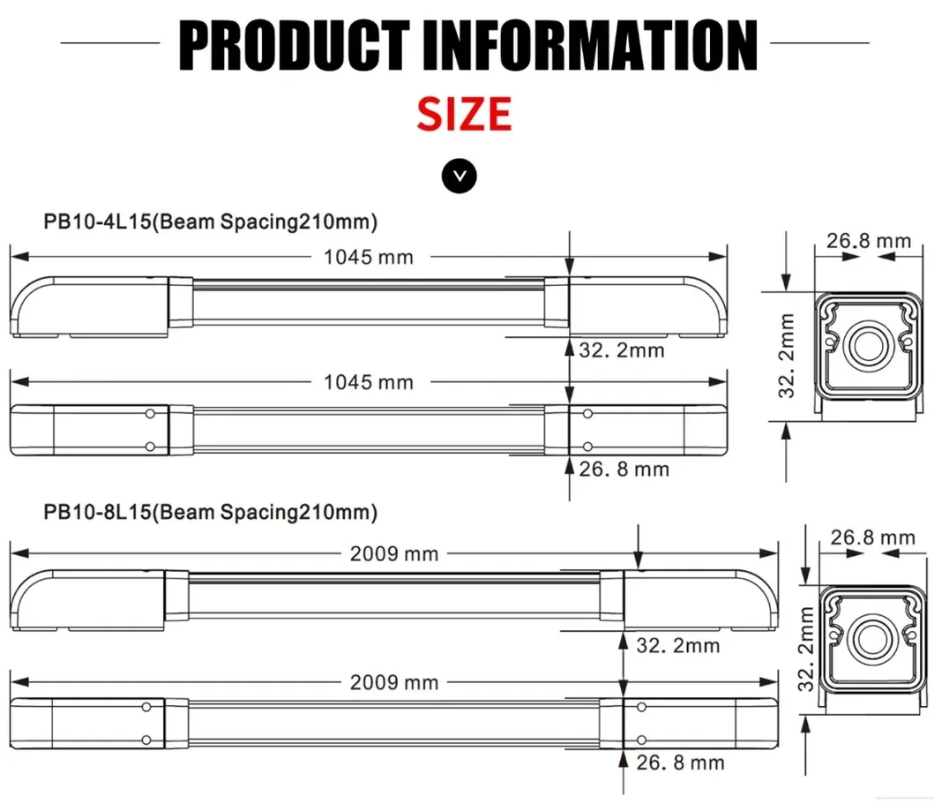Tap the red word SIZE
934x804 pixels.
[464, 115]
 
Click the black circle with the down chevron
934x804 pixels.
[459, 176]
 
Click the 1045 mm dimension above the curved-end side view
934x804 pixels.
[368, 257]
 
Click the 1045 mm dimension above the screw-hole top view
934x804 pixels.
[368, 382]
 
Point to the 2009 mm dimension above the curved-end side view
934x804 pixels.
[393, 553]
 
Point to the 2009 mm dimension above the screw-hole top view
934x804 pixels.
[393, 682]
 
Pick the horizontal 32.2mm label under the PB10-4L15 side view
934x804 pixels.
[622, 350]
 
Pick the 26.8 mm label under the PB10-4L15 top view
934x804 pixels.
[624, 469]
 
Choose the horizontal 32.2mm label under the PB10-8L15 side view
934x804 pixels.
[677, 645]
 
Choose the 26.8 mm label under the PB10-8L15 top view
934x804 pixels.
[680, 762]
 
